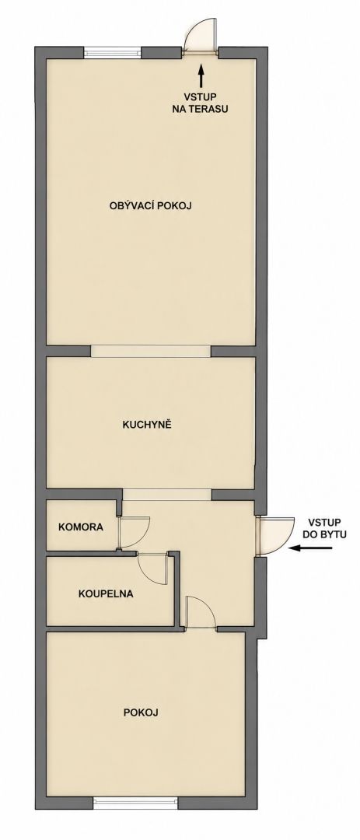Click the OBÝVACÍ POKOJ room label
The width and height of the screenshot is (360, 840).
coord(151,205)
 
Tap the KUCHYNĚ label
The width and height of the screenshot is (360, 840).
coord(146,425)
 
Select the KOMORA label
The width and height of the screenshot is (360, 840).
coord(81,527)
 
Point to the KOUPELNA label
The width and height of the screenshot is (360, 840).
coord(106,593)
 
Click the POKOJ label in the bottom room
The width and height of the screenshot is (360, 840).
coord(141,712)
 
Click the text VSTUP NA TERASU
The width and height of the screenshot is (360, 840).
coord(201,103)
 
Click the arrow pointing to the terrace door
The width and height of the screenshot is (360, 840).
coord(201,76)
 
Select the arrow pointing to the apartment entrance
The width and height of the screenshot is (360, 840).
coord(311,548)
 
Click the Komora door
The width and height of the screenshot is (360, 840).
coord(134,533)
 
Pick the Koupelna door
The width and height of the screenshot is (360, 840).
coord(154,568)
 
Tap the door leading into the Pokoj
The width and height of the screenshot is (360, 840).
coord(200,611)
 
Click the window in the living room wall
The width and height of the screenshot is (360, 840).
coord(113,53)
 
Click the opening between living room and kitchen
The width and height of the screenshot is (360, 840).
coord(151,351)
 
